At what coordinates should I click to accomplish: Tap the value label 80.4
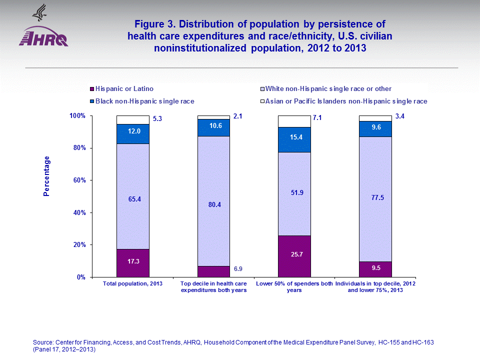click(x=213, y=204)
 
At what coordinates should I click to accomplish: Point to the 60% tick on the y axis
click(x=80, y=180)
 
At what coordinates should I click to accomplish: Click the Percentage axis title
click(x=46, y=176)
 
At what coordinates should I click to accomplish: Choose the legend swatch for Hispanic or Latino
click(x=91, y=89)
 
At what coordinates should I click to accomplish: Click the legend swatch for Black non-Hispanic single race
click(x=91, y=101)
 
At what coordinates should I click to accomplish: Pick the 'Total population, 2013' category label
click(x=132, y=284)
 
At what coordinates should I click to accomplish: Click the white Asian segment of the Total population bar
click(x=132, y=120)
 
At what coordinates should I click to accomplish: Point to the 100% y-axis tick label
click(x=78, y=116)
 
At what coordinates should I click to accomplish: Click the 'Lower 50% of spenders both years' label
click(x=294, y=287)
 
